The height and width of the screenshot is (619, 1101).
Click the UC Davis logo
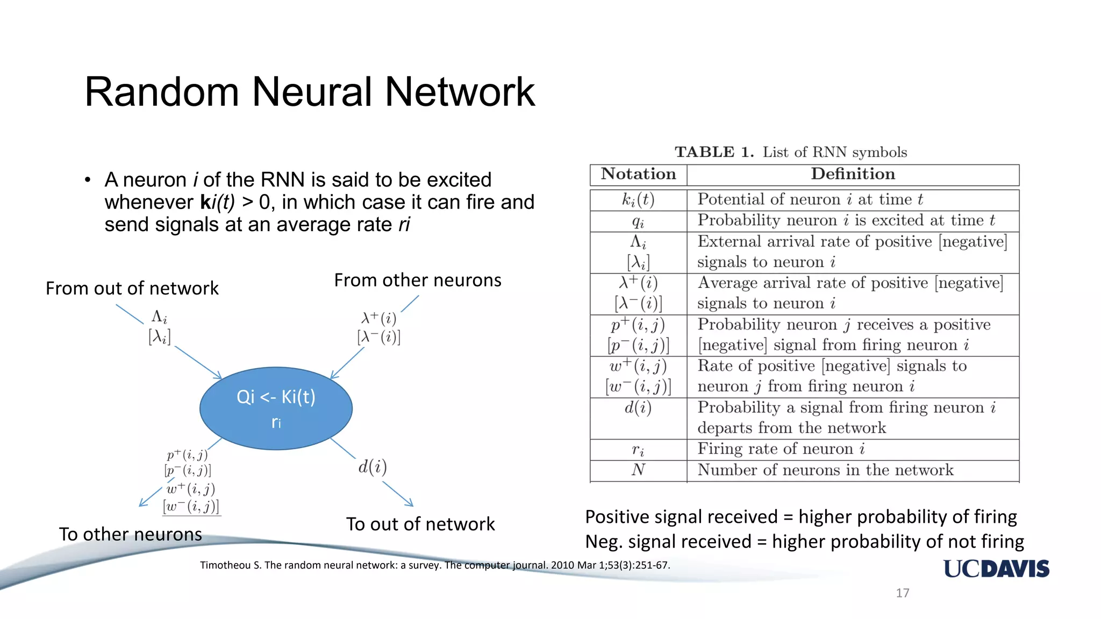click(996, 568)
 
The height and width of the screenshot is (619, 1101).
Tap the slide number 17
click(902, 593)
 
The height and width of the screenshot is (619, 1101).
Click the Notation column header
click(638, 174)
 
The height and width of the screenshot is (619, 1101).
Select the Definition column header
click(853, 174)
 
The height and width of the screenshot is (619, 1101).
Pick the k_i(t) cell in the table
click(638, 200)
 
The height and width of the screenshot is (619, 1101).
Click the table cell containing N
click(638, 470)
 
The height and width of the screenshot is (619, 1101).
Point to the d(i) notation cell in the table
click(638, 408)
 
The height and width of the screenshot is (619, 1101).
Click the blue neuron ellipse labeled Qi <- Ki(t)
click(276, 408)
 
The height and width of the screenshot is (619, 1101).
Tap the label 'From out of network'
click(132, 289)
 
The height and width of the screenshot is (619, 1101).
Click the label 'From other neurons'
click(418, 280)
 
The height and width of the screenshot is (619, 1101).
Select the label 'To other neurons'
click(131, 534)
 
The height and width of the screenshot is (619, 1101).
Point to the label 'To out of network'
click(420, 524)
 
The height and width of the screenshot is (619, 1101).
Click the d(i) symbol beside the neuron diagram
click(373, 466)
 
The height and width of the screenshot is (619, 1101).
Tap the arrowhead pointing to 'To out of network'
click(410, 503)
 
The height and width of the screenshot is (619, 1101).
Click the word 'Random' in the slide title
click(161, 92)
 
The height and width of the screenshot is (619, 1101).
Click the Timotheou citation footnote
click(434, 565)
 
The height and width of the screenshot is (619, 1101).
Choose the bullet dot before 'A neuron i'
click(88, 179)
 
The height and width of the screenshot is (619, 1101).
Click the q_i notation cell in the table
click(638, 221)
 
